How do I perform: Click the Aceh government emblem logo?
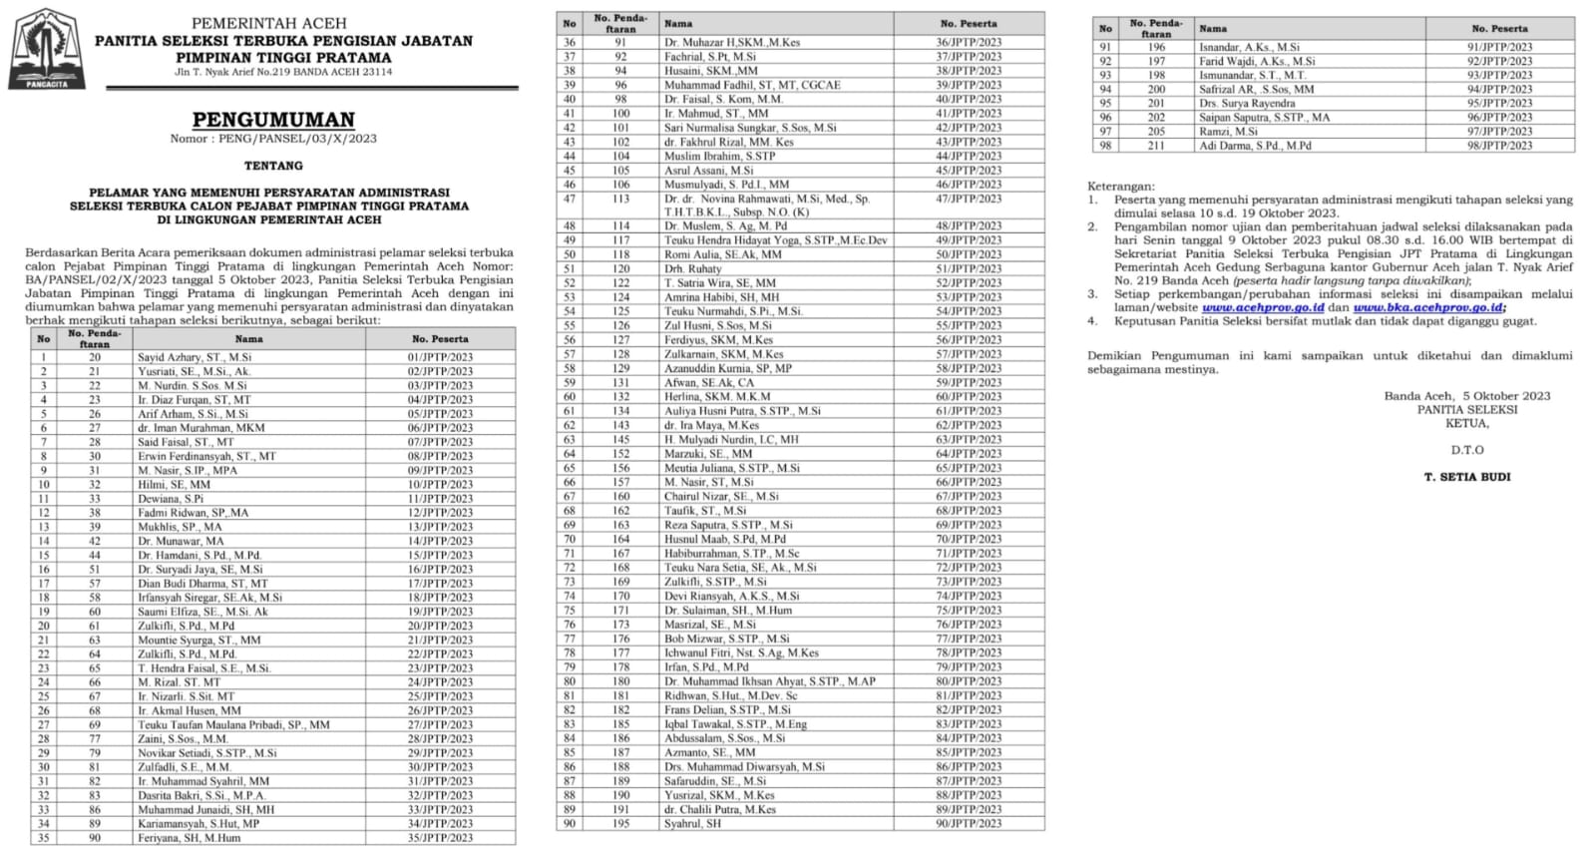tap(46, 49)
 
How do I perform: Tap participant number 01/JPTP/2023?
tap(440, 356)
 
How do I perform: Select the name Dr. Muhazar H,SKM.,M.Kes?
tap(732, 42)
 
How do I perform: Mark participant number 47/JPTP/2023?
tap(969, 199)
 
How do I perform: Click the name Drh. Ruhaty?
tap(693, 268)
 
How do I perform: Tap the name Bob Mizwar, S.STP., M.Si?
tap(727, 639)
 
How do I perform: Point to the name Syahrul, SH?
tap(693, 823)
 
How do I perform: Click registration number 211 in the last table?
tap(1155, 146)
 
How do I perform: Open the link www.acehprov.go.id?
tap(1263, 307)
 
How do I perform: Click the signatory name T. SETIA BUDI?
tap(1466, 477)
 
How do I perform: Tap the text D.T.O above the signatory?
tap(1466, 450)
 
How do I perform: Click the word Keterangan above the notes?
tap(1121, 186)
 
